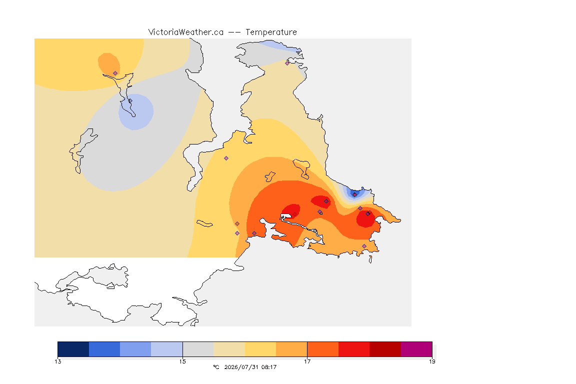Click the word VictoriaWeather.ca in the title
point(186,32)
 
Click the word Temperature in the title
point(271,32)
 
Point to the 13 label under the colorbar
point(58,361)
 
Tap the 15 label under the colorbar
point(182,361)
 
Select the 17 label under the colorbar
point(307,361)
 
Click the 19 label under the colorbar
point(432,361)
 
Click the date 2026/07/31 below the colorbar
point(241,367)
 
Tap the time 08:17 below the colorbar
point(269,367)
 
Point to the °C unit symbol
point(216,367)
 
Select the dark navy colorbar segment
point(73,349)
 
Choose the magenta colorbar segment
point(416,349)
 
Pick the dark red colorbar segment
point(385,349)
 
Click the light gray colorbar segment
point(198,349)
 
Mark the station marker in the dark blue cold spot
point(354,195)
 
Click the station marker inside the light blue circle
point(130,100)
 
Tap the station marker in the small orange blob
point(115,73)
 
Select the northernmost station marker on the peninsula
point(287,63)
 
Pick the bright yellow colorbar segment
point(260,349)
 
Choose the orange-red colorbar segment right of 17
point(323,349)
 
